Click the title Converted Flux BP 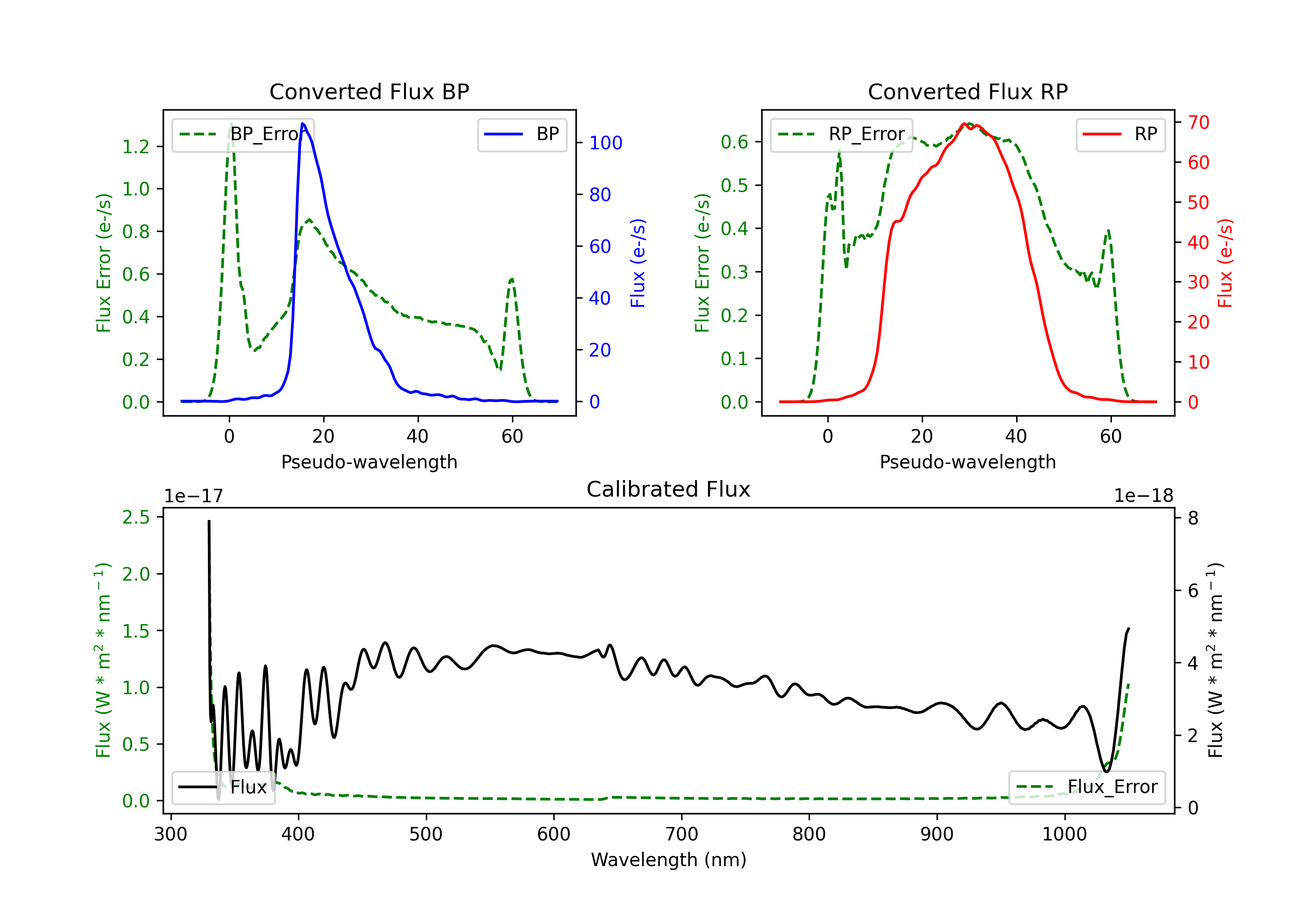click(x=369, y=91)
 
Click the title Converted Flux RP click(x=967, y=91)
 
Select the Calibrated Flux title click(x=669, y=489)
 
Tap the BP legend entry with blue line click(x=522, y=134)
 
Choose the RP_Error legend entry click(x=841, y=134)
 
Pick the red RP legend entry click(x=1120, y=134)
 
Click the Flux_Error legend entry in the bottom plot click(x=1087, y=787)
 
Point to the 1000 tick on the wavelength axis click(x=1064, y=834)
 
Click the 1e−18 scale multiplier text click(x=1144, y=496)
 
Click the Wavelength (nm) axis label click(x=669, y=860)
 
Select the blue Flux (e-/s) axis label click(x=638, y=263)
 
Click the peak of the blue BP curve click(x=302, y=124)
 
